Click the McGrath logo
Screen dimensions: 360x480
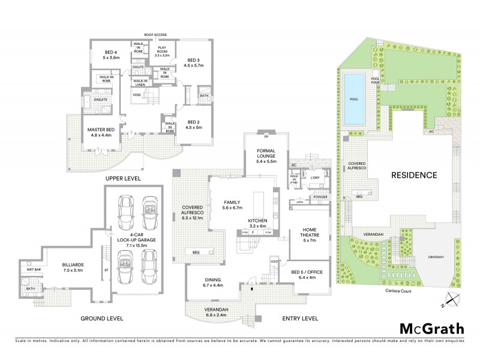coord(431,328)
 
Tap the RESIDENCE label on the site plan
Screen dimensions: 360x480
coord(413,175)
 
